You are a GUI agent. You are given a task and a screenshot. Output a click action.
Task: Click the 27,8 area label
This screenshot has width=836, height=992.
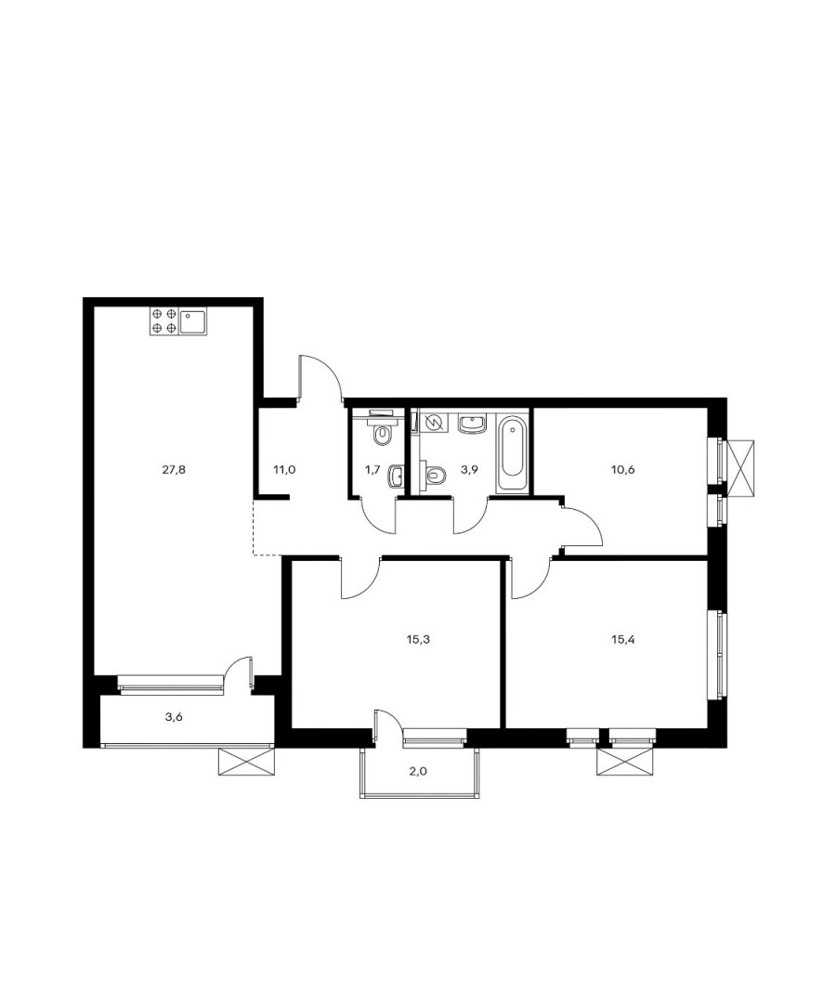pyautogui.click(x=174, y=470)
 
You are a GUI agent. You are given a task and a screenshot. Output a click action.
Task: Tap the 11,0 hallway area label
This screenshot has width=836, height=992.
pyautogui.click(x=284, y=470)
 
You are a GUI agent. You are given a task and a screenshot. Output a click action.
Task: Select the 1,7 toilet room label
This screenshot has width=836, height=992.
pyautogui.click(x=372, y=470)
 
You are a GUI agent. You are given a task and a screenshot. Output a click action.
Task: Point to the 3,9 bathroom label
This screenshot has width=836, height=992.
pyautogui.click(x=469, y=470)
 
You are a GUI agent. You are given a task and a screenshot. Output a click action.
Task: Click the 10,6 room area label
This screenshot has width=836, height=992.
pyautogui.click(x=623, y=470)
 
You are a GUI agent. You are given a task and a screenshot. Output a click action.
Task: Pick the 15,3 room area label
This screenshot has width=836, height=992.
pyautogui.click(x=418, y=639)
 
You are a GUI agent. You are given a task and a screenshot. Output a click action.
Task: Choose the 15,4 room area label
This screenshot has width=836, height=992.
pyautogui.click(x=622, y=639)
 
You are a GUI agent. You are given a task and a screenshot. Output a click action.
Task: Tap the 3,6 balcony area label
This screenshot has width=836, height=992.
pyautogui.click(x=174, y=717)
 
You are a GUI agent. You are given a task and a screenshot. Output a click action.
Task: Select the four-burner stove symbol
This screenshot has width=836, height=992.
pyautogui.click(x=163, y=320)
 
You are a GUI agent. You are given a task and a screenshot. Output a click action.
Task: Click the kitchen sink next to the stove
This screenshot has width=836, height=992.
pyautogui.click(x=192, y=321)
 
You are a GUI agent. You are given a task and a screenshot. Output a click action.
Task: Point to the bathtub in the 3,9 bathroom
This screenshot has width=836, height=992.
pyautogui.click(x=511, y=453)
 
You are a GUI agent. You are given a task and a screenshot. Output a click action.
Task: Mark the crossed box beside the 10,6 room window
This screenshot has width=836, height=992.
pyautogui.click(x=741, y=467)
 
